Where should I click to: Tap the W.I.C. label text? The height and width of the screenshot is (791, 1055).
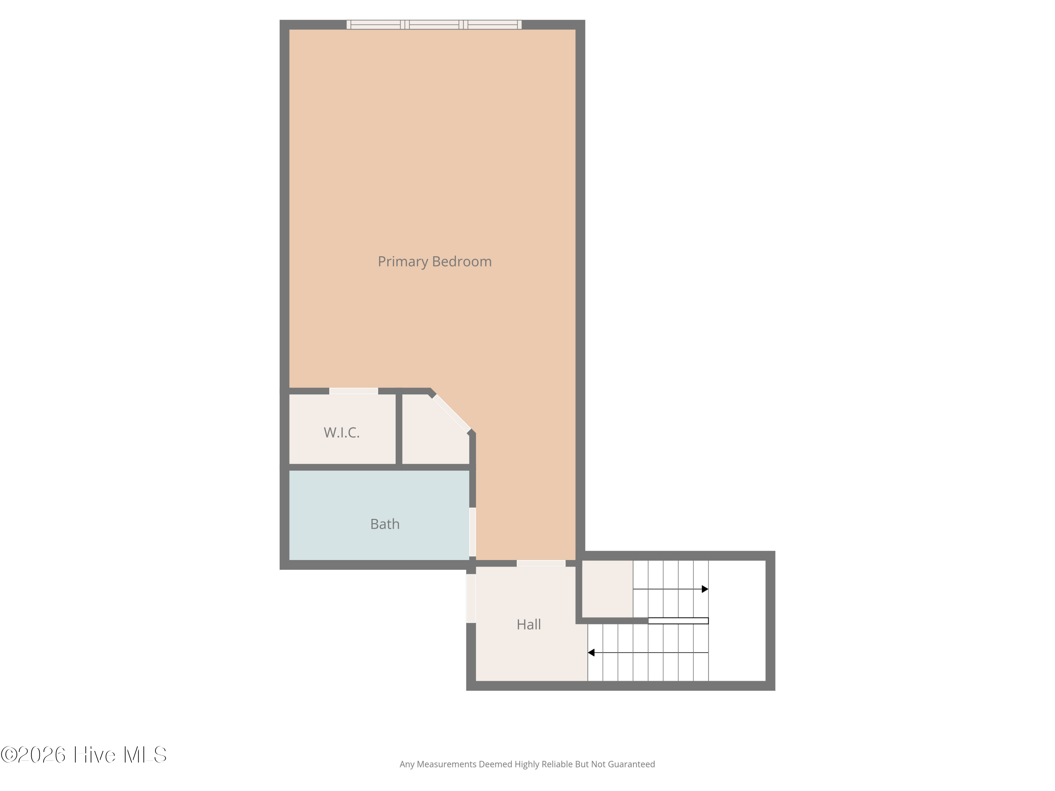(x=341, y=432)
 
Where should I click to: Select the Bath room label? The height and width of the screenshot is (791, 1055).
(x=385, y=524)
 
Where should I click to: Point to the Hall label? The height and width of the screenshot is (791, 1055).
(x=529, y=625)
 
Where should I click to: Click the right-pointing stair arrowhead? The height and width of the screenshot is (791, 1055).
(x=705, y=589)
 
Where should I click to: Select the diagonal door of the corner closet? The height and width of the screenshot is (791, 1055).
(x=452, y=414)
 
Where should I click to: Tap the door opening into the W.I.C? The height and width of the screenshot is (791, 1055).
(x=353, y=391)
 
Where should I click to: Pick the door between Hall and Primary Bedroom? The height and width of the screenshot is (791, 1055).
(x=541, y=564)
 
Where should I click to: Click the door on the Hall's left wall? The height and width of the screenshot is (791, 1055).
(x=471, y=598)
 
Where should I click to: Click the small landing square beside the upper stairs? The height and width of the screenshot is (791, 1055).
(x=607, y=589)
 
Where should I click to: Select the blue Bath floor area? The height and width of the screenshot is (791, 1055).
(x=379, y=515)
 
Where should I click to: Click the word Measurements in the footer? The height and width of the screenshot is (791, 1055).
(x=446, y=764)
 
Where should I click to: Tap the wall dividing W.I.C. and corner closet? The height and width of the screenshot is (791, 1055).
(x=399, y=428)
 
